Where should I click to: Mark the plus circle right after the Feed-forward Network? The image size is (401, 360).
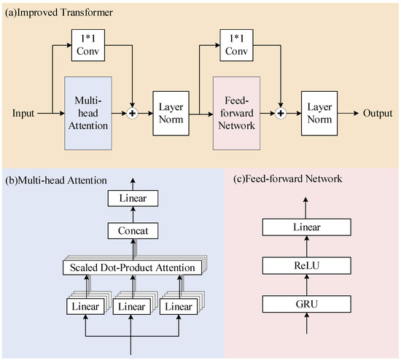tap(282, 114)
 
